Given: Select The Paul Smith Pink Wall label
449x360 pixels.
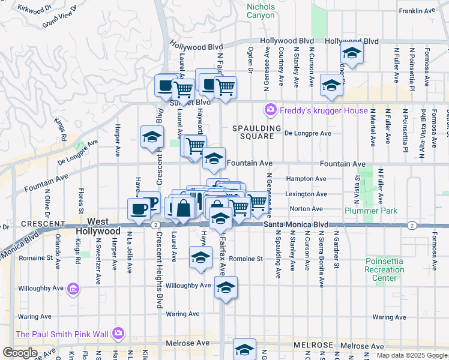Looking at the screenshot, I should (x=64, y=334).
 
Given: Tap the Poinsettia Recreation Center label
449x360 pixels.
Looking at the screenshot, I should (x=384, y=269).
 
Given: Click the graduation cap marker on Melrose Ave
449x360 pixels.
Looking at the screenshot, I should (x=245, y=350).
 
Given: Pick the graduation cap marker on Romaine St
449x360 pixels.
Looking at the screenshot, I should (x=200, y=258).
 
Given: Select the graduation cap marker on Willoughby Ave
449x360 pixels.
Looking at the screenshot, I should (x=226, y=288).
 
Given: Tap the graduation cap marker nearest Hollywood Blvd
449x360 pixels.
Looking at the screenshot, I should (x=352, y=53).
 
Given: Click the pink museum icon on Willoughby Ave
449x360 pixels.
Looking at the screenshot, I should (x=73, y=290).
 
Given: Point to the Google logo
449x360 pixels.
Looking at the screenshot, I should (x=20, y=353).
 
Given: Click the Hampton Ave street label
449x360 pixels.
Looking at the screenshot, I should (x=306, y=179).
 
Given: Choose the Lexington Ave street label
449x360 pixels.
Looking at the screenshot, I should (x=306, y=194).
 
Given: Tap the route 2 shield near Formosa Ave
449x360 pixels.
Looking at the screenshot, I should (x=412, y=225).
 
